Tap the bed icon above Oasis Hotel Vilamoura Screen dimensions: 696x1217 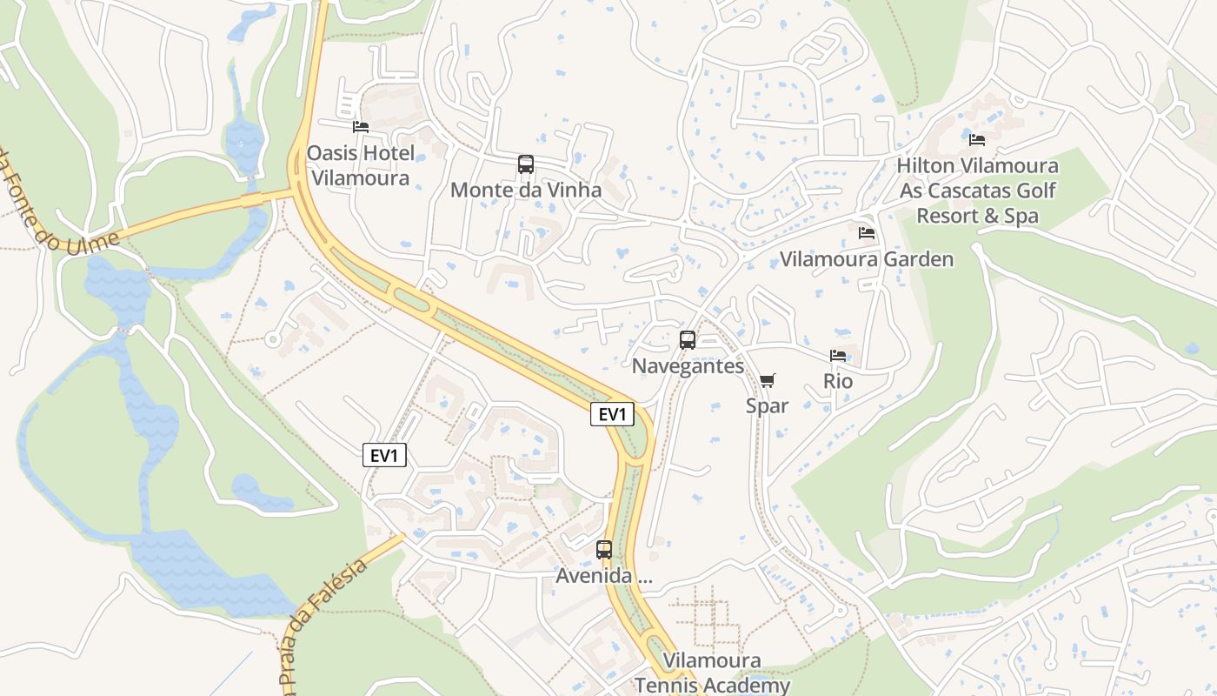pos(361,127)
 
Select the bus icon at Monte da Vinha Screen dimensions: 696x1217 pos(526,164)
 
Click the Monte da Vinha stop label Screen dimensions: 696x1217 pos(526,190)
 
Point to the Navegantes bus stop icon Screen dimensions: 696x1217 pos(688,340)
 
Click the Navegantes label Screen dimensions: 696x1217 pos(688,366)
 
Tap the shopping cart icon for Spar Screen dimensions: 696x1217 pos(767,380)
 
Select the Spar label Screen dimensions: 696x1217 pos(767,405)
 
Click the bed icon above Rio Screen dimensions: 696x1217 pos(838,356)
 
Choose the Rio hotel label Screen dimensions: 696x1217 pos(838,381)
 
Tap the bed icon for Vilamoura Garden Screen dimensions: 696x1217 pos(866,233)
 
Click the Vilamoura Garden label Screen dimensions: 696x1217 pos(866,259)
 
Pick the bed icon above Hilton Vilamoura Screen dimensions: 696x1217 pos(977,140)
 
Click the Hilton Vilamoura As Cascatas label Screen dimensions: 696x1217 pos(977,191)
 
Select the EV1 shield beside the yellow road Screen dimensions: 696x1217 pos(613,414)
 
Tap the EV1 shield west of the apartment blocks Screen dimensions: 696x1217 pos(384,455)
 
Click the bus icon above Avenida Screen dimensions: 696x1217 pos(604,550)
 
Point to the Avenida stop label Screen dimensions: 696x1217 pos(604,576)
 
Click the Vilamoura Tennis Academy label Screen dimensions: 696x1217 pos(712,673)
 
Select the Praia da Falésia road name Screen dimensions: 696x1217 pos(325,623)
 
